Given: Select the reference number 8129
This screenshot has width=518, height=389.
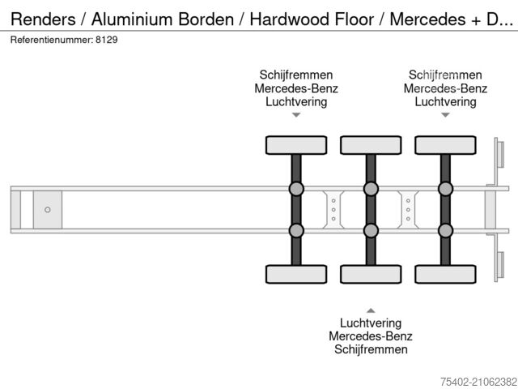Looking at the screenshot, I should tap(105, 39).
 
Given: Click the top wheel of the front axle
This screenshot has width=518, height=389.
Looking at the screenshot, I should tap(296, 145).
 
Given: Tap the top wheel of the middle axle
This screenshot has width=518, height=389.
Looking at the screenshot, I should tap(371, 145).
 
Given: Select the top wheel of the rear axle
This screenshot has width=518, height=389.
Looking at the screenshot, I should tap(445, 145).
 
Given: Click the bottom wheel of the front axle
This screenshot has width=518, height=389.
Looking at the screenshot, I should tap(296, 274).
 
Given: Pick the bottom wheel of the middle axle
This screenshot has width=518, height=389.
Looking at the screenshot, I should tap(371, 274).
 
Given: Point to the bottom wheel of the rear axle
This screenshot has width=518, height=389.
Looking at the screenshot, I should tap(445, 274).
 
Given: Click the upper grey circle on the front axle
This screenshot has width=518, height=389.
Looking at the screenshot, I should tap(296, 190).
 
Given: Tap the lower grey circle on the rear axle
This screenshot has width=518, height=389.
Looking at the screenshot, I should tap(445, 230).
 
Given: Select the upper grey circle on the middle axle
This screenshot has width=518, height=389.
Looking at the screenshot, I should tap(371, 190).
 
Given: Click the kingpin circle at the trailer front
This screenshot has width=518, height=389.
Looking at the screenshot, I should tap(48, 210).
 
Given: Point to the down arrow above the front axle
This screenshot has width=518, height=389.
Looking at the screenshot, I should tap(296, 116).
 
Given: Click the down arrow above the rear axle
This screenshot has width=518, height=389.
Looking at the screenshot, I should tap(445, 116).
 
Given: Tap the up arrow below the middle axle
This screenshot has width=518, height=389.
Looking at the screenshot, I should tap(371, 310).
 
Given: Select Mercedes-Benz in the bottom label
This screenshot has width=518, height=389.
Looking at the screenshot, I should tap(371, 336).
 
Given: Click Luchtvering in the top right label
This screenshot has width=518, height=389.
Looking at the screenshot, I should tap(445, 102).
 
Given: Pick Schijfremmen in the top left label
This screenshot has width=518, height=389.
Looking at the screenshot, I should tap(296, 75).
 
